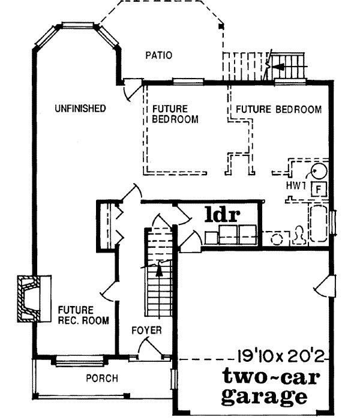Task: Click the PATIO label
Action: (159, 55)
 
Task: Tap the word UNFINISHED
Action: (80, 109)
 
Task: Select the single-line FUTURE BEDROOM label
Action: (278, 110)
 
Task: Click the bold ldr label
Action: (223, 214)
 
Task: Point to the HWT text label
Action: (297, 187)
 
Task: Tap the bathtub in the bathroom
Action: (317, 225)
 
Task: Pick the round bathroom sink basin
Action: (277, 238)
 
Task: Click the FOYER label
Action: (146, 331)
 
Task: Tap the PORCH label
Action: (101, 379)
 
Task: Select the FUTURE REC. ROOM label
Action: (83, 315)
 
